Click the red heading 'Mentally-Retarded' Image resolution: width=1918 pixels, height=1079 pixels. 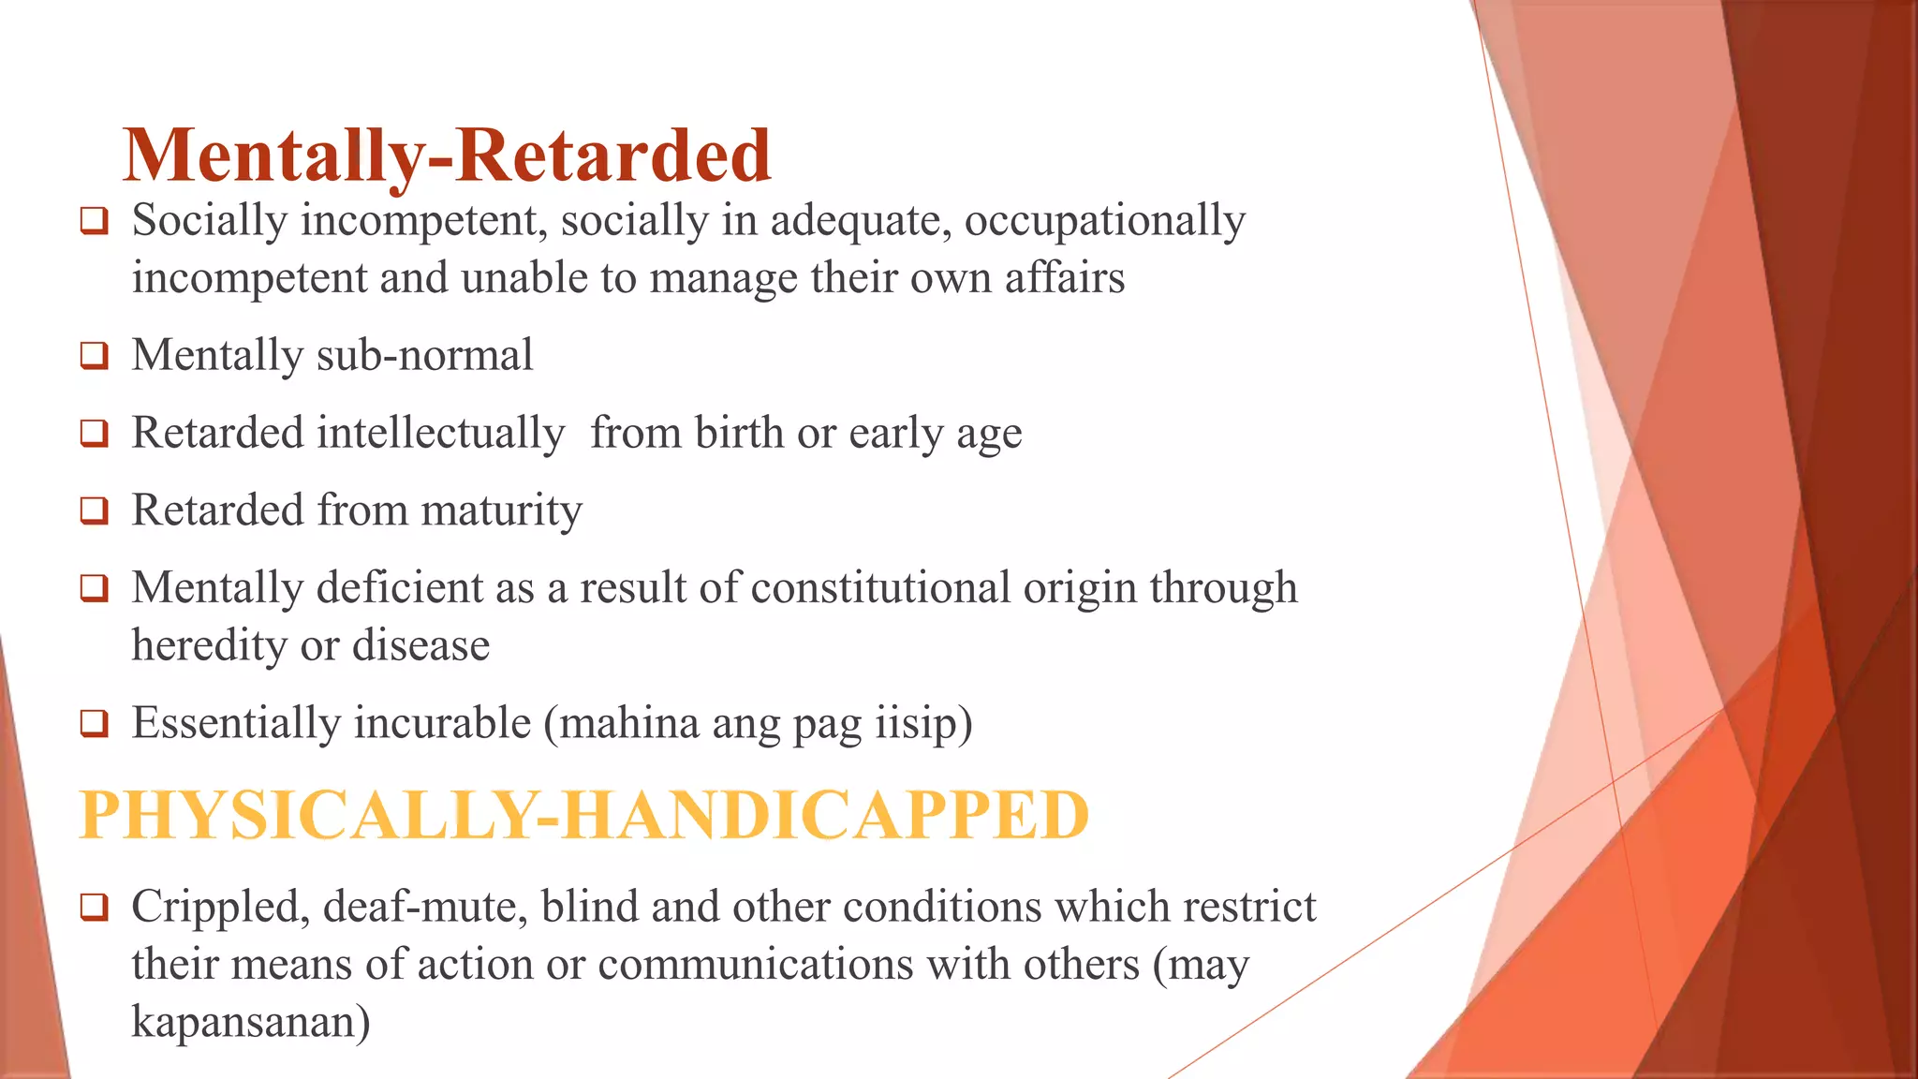click(447, 155)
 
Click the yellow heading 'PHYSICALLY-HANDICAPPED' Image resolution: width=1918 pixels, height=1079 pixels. click(584, 815)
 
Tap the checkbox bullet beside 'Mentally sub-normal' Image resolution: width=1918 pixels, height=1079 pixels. click(94, 356)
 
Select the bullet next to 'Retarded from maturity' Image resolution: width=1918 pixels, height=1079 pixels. click(94, 511)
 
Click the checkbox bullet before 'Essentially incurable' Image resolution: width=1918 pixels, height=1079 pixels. click(94, 724)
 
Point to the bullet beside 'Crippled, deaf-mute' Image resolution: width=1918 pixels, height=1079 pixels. click(94, 908)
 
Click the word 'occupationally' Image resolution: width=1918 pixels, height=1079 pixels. click(1105, 222)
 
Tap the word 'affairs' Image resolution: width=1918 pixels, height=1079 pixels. click(1065, 278)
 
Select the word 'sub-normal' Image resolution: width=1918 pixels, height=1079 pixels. click(425, 356)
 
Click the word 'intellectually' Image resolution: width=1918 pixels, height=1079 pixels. click(441, 434)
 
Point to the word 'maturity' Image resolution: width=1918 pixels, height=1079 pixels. click(501, 511)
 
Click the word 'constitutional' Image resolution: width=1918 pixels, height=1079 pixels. click(880, 588)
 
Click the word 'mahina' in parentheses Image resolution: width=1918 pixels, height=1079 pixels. click(622, 724)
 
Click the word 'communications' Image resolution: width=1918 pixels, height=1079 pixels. click(755, 965)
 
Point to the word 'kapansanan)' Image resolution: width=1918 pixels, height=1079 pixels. click(250, 1022)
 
